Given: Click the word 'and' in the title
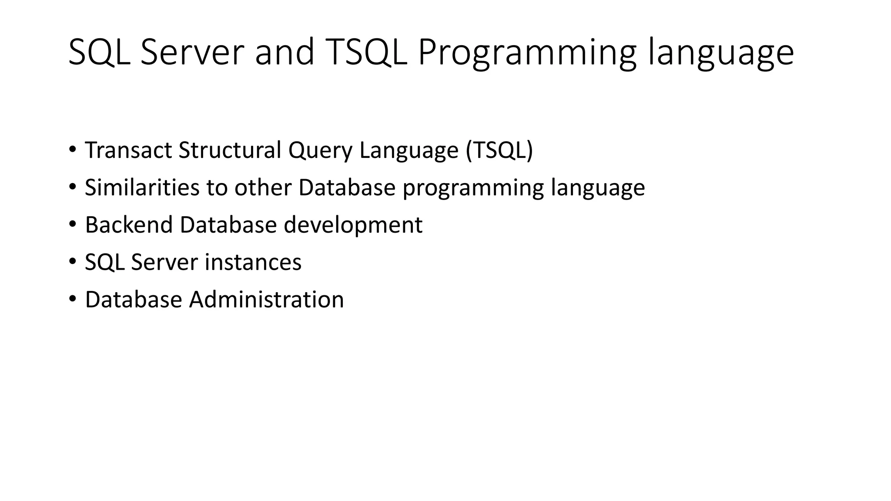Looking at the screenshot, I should [284, 52].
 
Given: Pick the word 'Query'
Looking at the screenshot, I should [320, 151].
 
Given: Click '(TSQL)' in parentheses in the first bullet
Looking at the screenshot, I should [499, 150].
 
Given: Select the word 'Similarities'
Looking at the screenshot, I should [142, 187].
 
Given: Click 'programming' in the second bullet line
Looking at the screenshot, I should [473, 188].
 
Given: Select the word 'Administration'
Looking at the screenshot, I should [266, 300].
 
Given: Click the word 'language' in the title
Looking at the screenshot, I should [721, 53].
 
